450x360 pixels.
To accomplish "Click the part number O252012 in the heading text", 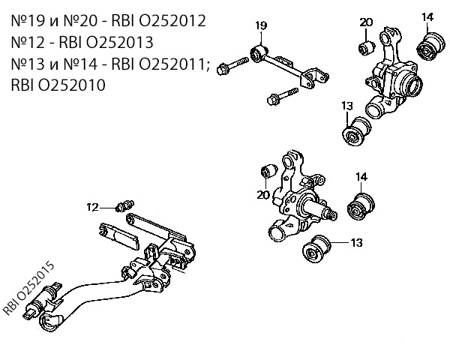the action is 172,21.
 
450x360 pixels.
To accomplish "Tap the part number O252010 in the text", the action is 72,85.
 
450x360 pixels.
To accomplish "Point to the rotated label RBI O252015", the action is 28,288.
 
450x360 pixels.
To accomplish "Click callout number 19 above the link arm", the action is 261,25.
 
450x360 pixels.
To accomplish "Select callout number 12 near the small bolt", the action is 93,207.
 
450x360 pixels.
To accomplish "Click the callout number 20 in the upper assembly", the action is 366,22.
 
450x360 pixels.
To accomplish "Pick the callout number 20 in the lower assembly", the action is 263,195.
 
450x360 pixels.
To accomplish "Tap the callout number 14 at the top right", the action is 427,17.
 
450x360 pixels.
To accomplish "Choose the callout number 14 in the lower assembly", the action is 361,177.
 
